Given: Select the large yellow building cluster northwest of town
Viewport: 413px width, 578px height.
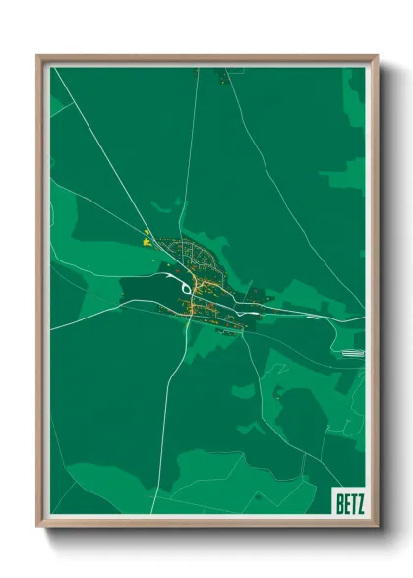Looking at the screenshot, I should click(147, 237).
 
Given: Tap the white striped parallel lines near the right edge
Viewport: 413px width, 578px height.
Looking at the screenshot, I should click(350, 351).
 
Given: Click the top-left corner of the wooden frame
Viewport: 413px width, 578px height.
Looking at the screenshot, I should click(38, 56).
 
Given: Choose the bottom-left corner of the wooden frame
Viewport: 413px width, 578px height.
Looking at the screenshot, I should click(38, 526).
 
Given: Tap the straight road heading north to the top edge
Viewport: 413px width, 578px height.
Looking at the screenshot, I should click(191, 147).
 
